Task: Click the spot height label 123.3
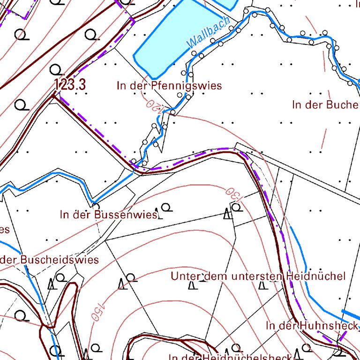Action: [x=72, y=85]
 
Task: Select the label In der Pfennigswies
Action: [x=169, y=86]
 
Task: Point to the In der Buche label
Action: [x=325, y=105]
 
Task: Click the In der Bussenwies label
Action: [x=108, y=215]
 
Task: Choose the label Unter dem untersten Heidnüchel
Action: [x=258, y=276]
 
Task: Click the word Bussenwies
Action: [x=125, y=215]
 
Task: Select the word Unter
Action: [x=183, y=276]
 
